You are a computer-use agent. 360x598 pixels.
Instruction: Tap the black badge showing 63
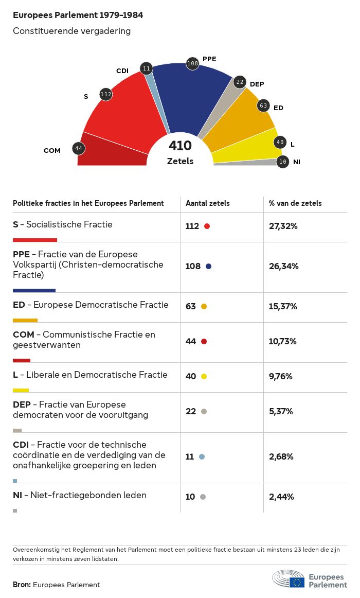(263, 105)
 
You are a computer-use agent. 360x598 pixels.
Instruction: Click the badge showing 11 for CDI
(147, 68)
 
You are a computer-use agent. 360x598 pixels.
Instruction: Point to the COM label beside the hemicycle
(52, 151)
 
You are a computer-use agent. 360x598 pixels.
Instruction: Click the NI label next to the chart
(297, 162)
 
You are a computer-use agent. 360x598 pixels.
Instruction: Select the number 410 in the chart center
(180, 146)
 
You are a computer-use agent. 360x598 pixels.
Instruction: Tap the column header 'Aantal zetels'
(208, 203)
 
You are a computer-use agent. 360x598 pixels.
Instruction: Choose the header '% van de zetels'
(295, 203)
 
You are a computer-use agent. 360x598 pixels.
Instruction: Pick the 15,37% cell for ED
(283, 306)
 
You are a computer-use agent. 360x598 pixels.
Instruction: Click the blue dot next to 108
(208, 267)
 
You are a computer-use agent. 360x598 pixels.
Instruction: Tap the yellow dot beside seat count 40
(204, 377)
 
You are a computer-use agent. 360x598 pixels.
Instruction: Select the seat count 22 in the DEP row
(191, 411)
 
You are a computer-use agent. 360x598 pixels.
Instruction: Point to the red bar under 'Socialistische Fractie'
(34, 240)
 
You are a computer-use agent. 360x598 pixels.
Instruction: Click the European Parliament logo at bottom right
(310, 579)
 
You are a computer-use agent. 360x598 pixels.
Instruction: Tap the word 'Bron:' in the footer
(22, 585)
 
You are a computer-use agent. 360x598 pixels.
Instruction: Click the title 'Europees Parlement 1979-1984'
(78, 15)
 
